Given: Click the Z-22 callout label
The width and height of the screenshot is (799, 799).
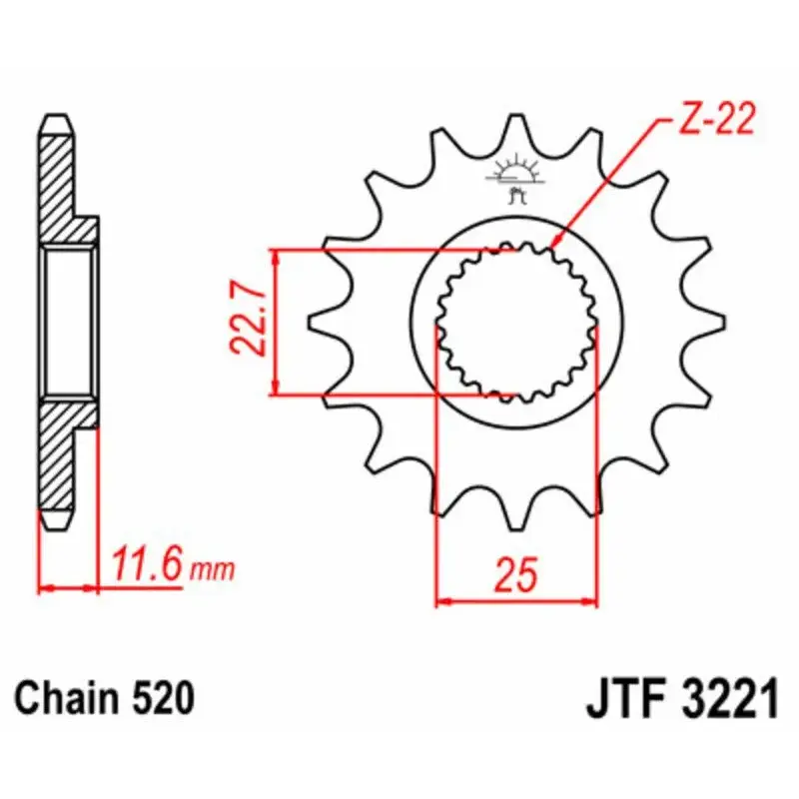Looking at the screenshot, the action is pos(717,120).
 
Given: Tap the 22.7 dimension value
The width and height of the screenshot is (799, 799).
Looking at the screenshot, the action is pos(248,317).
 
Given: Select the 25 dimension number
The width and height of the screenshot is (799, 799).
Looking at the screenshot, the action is pos(515,574).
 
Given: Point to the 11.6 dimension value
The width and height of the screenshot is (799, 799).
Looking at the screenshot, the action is pos(147,564).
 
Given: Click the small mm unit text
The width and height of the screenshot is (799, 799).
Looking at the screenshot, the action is pos(212,570).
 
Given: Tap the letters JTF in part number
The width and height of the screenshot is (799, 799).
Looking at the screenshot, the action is pos(627,698).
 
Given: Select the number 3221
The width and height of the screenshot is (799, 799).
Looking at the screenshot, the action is pos(730,698).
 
